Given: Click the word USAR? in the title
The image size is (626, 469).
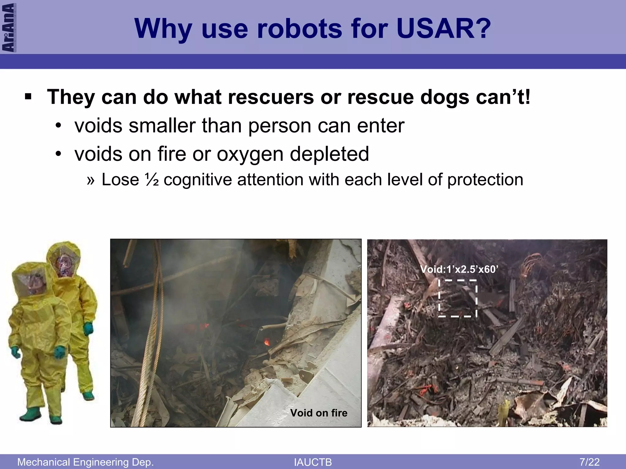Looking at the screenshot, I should pyautogui.click(x=444, y=29).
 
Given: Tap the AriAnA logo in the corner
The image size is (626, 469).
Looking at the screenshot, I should pyautogui.click(x=9, y=27).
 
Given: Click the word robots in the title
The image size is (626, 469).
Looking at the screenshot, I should pyautogui.click(x=300, y=29).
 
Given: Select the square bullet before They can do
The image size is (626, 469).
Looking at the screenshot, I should pyautogui.click(x=28, y=97).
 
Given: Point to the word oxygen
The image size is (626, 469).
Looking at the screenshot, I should pyautogui.click(x=250, y=154).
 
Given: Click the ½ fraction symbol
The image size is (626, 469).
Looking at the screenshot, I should pyautogui.click(x=152, y=180).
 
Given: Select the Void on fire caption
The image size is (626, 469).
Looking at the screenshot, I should pyautogui.click(x=319, y=413).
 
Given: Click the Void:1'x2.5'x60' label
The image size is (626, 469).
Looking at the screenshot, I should pyautogui.click(x=459, y=269).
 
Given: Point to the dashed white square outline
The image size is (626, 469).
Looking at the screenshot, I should pyautogui.click(x=458, y=298).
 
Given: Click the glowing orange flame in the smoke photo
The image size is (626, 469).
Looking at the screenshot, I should pyautogui.click(x=267, y=341).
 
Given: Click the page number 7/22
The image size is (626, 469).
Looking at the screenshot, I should pyautogui.click(x=589, y=462).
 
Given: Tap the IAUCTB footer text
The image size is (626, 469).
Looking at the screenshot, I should pyautogui.click(x=313, y=462).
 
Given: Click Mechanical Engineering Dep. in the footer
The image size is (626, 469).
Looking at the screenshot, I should pyautogui.click(x=85, y=462).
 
